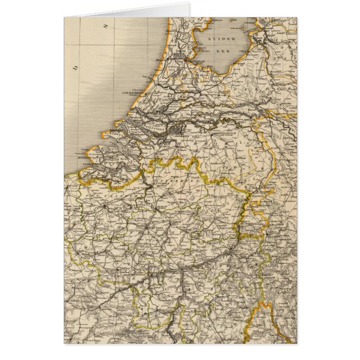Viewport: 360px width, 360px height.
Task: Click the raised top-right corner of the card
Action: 189,4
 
